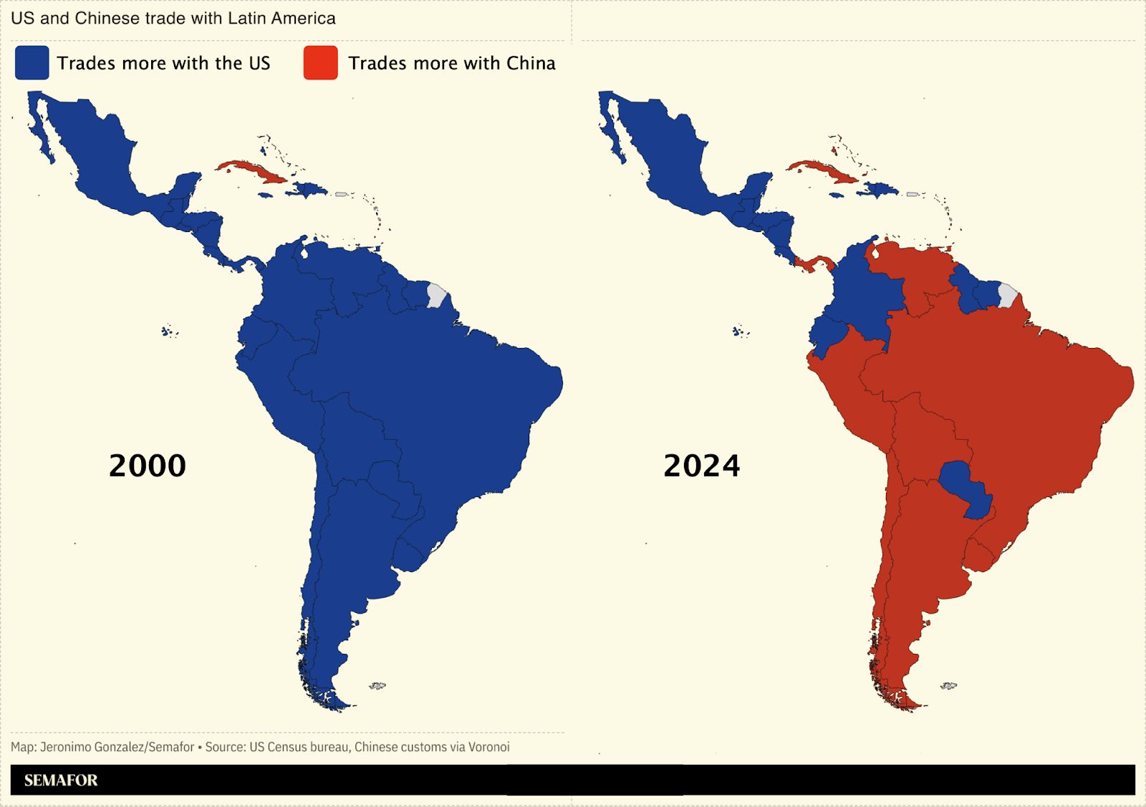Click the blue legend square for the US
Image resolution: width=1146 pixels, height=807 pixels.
[32, 63]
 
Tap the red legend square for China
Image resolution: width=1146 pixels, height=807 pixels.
[320, 63]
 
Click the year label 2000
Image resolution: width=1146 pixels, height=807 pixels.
[147, 466]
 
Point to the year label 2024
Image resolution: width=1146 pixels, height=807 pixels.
[701, 466]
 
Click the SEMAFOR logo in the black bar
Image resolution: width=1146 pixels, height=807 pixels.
[61, 781]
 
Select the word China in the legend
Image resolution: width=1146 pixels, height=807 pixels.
[531, 64]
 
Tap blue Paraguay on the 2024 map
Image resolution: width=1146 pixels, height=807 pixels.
[963, 483]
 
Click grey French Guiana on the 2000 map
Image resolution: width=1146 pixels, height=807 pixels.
[436, 295]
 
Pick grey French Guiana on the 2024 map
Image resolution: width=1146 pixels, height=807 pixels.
[1008, 295]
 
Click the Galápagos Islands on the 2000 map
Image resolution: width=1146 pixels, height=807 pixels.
[168, 332]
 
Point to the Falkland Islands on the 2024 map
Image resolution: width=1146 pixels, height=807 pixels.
[948, 686]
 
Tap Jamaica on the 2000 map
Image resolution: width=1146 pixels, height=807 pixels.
[265, 195]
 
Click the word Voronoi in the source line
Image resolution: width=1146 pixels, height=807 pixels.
[488, 748]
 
